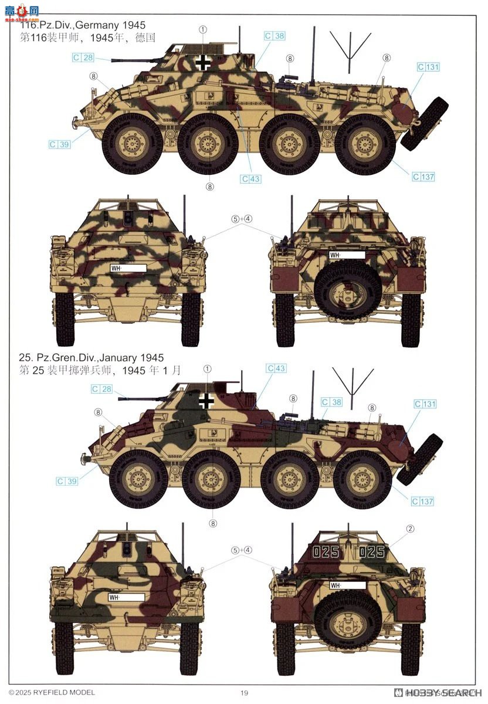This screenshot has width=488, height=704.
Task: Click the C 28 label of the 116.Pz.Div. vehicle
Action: (x=83, y=57)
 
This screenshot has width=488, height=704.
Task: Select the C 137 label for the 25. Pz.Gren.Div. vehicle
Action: (x=422, y=502)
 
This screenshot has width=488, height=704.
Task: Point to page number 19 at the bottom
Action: (x=244, y=693)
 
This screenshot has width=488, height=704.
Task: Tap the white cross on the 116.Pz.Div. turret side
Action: (x=202, y=63)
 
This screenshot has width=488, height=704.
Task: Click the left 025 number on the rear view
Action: (x=325, y=552)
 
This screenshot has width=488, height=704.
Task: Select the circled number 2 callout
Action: (x=411, y=529)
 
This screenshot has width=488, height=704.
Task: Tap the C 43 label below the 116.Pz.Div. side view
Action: (x=250, y=179)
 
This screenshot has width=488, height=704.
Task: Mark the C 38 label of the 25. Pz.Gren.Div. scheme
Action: (x=331, y=402)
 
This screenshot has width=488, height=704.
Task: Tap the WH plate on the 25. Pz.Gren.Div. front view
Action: (x=126, y=597)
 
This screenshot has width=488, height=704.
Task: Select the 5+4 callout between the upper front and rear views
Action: (x=241, y=219)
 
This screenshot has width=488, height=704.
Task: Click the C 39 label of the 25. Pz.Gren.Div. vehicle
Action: (x=67, y=482)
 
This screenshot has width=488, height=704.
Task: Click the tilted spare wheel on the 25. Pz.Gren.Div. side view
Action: (x=419, y=459)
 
